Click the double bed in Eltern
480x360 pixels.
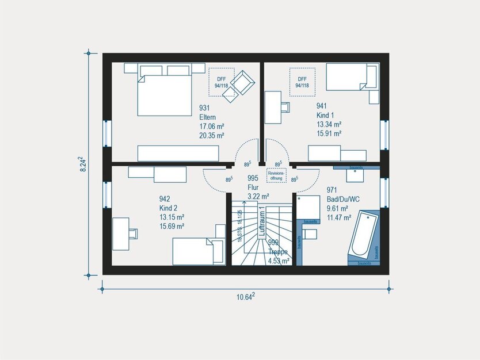tap(164, 95)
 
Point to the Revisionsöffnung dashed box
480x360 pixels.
tap(276, 175)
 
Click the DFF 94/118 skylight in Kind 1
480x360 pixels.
tap(302, 82)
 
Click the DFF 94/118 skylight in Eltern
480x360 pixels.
tap(220, 82)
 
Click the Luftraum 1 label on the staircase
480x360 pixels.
tap(261, 221)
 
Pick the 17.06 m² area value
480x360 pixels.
tap(211, 126)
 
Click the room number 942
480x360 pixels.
tap(165, 199)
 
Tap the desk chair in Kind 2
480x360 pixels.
tap(134, 232)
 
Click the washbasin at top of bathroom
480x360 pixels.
tap(356, 170)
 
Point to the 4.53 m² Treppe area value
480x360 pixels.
tap(279, 261)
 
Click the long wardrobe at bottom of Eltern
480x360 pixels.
tap(178, 153)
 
